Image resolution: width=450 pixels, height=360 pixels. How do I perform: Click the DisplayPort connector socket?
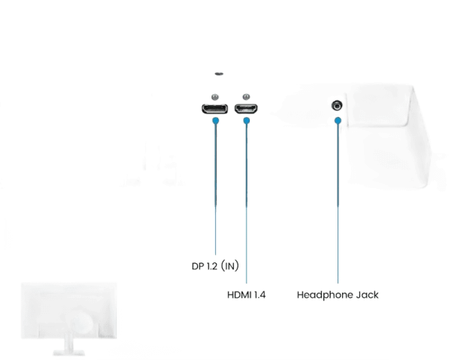[215, 109]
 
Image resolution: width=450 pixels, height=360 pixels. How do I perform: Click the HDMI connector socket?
[245, 109]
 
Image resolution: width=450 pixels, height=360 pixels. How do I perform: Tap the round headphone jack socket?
[337, 106]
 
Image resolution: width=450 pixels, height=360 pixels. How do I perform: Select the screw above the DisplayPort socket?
[215, 95]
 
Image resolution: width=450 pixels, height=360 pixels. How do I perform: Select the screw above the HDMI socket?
[245, 95]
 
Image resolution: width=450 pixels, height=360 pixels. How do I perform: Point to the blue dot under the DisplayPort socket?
[215, 120]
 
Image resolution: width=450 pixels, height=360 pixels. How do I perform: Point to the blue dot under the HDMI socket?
[245, 120]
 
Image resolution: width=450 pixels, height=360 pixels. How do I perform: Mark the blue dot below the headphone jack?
[338, 121]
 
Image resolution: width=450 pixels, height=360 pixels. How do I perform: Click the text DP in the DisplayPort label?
[199, 265]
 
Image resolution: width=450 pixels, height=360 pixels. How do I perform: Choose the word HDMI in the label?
[239, 295]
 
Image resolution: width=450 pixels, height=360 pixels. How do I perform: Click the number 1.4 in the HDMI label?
[260, 295]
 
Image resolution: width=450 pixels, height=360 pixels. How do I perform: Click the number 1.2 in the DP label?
[213, 265]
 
